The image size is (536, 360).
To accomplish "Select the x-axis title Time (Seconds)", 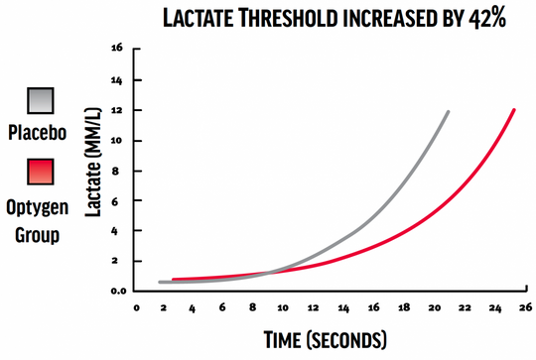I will pos(325,340).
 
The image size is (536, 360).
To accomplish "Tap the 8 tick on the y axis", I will pos(118,170).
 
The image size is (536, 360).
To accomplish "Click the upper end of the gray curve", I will pos(448,112).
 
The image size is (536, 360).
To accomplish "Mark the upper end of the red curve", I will pos(513,110).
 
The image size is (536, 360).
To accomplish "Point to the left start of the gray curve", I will pos(161,283).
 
